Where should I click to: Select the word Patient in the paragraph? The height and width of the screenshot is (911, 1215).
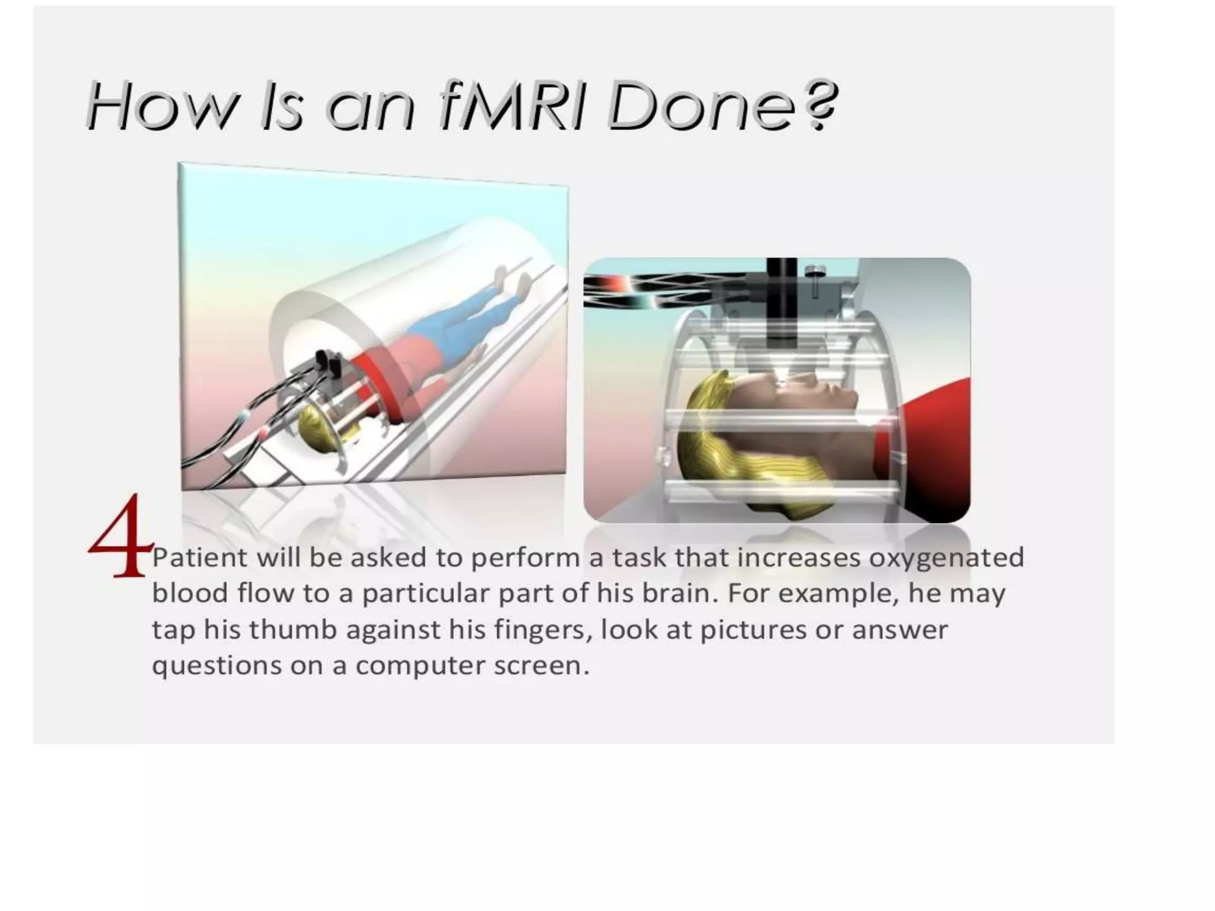click(199, 558)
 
